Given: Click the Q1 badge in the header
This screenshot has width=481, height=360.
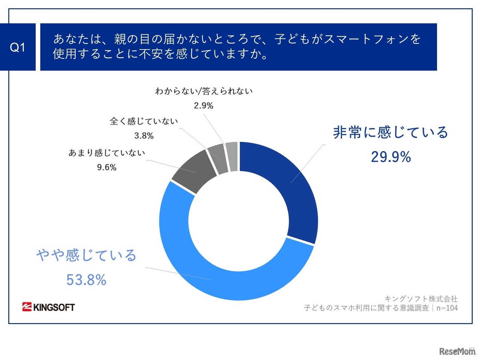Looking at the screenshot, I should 18,47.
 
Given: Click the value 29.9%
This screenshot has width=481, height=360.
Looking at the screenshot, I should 391,157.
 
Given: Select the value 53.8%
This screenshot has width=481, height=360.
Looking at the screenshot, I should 86,280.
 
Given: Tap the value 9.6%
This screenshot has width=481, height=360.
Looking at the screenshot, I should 107,167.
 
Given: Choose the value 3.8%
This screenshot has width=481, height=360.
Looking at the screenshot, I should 144,136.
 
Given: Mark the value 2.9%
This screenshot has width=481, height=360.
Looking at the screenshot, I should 204,106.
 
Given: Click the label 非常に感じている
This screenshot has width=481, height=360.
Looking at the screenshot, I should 391,133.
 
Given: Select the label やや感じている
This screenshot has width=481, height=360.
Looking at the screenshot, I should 86,255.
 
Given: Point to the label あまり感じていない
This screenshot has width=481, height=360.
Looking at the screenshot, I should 107,153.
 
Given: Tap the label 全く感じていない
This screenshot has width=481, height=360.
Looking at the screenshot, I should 144,121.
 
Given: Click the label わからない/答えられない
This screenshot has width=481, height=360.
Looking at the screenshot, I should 204,91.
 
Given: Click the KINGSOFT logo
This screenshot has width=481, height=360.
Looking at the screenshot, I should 48,307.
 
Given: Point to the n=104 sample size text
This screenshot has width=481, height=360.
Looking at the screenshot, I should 447,308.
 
